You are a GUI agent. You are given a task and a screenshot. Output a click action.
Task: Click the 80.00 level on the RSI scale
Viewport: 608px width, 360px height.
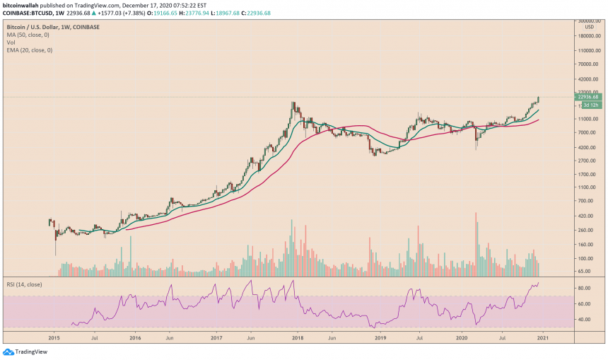tap(584, 289)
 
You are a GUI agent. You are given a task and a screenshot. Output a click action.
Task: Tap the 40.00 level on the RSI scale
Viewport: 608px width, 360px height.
tap(584, 319)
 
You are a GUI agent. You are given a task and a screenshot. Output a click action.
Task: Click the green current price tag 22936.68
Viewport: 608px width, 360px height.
tap(587, 98)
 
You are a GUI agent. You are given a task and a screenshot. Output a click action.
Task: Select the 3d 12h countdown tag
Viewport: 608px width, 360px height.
tap(590, 105)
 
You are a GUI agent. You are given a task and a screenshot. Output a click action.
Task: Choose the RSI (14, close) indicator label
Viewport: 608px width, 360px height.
tap(23, 281)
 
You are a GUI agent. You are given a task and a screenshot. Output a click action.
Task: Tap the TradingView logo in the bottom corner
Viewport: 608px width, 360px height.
tap(21, 352)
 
